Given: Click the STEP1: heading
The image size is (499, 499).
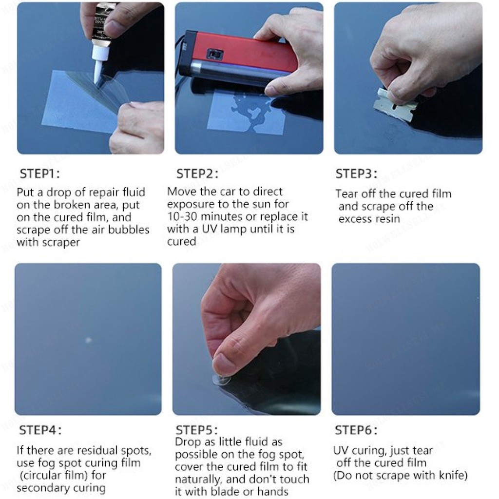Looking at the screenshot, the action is click(40, 174).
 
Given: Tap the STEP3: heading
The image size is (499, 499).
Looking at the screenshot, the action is click(356, 174).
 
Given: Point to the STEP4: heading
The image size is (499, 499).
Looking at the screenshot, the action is click(40, 430).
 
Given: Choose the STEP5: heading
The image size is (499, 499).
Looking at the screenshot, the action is click(197, 430).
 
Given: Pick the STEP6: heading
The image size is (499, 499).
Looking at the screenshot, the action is click(356, 430).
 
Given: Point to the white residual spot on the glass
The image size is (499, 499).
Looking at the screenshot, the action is click(88, 340).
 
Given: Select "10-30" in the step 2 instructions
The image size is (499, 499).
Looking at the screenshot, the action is click(182, 217).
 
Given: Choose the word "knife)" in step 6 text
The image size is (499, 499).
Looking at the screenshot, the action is click(453, 476).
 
